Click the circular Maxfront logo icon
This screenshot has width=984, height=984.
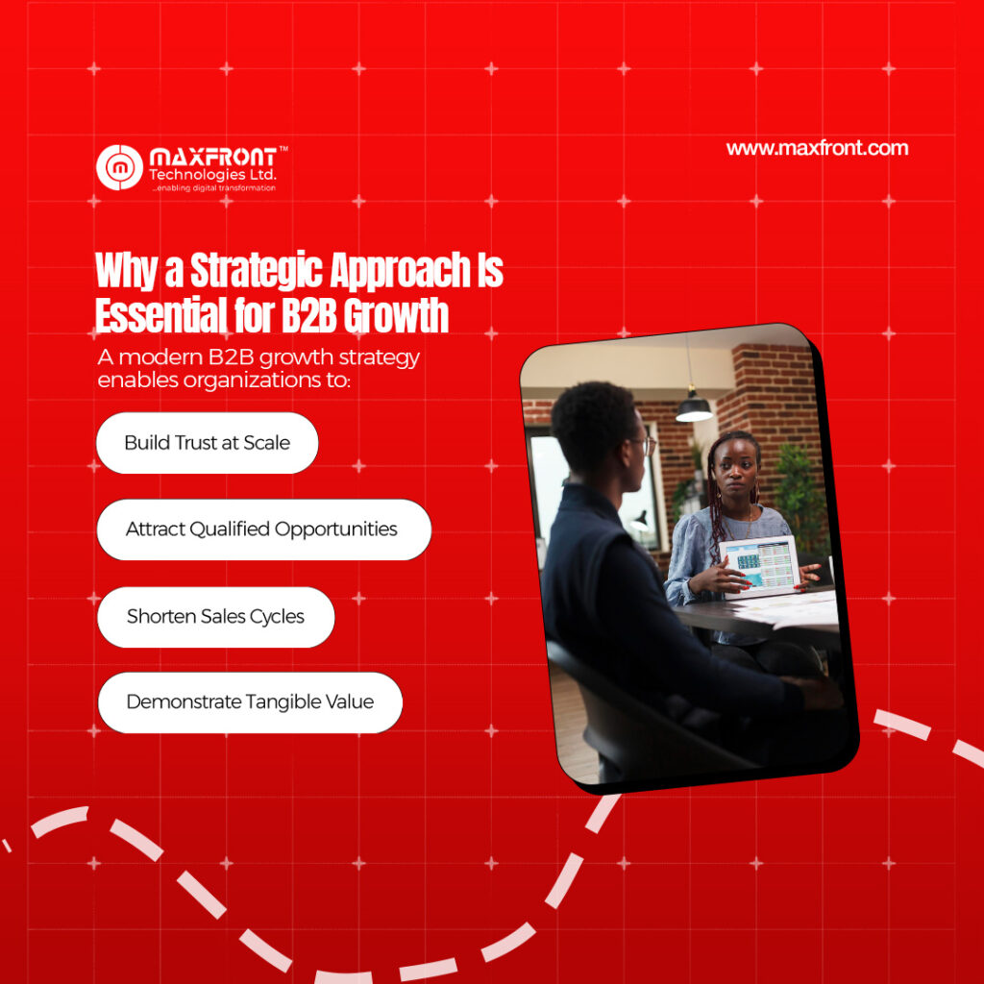119,167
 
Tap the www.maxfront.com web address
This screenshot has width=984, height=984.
817,149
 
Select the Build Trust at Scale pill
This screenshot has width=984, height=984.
208,443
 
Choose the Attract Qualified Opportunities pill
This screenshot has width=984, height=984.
264,529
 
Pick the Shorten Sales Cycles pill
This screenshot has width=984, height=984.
216,617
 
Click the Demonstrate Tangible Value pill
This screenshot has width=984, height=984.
251,702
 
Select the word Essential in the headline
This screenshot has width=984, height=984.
160,315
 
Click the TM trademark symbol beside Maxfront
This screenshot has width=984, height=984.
283,149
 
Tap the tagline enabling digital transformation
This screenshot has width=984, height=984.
214,187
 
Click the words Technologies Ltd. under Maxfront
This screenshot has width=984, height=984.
212,175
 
